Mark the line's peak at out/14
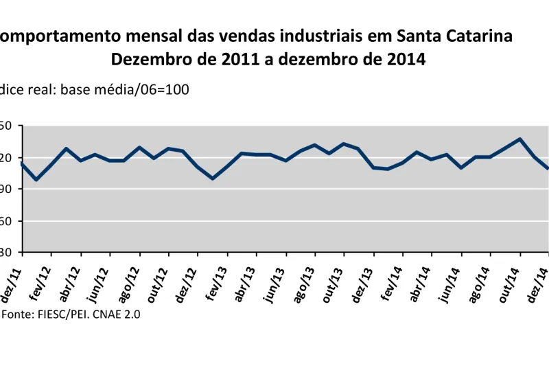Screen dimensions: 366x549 tap(520, 139)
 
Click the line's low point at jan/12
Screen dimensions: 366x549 tap(36, 180)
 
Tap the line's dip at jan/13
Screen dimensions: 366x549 tap(213, 179)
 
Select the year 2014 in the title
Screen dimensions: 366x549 tap(404, 59)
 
